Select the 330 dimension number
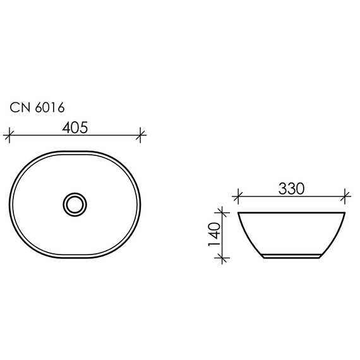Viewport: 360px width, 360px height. click(x=291, y=188)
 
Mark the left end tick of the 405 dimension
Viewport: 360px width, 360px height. click(x=9, y=135)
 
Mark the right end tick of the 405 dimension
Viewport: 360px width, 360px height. click(x=141, y=135)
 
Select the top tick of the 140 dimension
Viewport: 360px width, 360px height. click(x=221, y=212)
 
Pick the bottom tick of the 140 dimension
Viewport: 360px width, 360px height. click(x=221, y=257)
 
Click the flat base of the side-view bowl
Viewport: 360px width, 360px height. click(x=291, y=256)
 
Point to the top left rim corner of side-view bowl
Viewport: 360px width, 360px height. click(x=239, y=212)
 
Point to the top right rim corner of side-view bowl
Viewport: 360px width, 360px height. click(x=344, y=212)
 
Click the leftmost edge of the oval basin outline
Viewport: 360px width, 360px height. click(x=10, y=203)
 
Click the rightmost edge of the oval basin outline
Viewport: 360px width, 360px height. click(x=141, y=203)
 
